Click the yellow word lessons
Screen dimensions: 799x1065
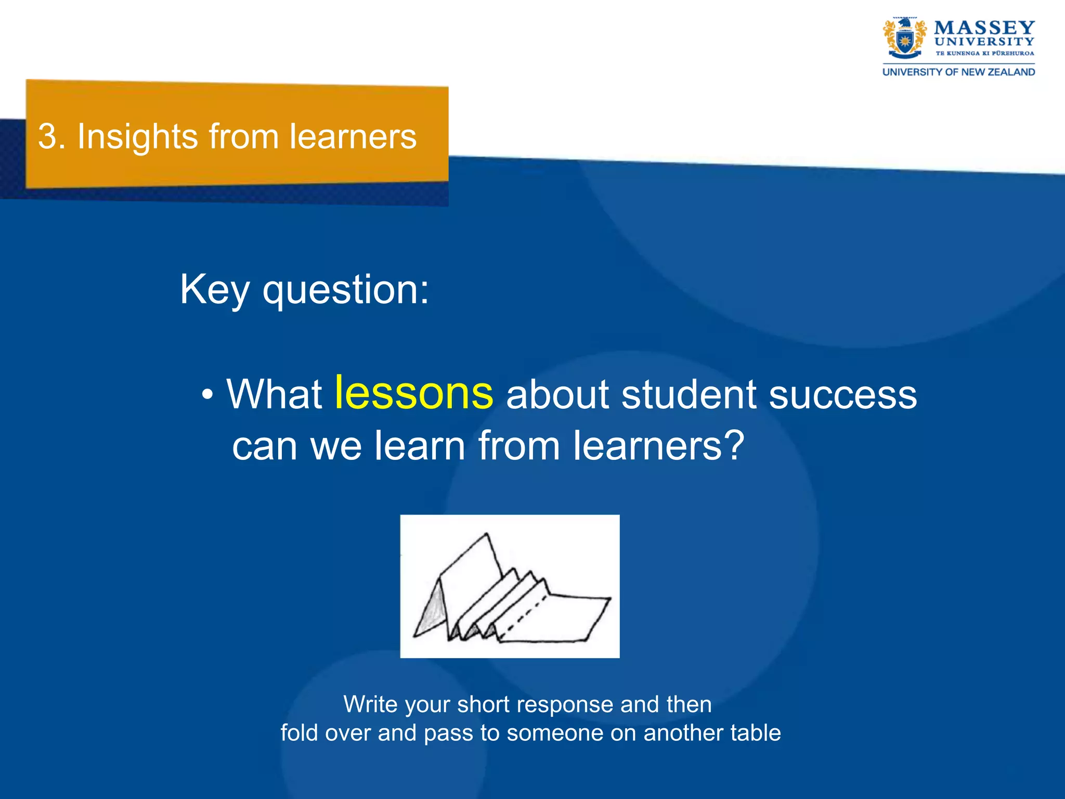click(x=413, y=393)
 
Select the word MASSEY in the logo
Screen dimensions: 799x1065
click(x=984, y=27)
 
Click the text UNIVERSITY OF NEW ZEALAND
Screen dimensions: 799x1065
click(x=958, y=72)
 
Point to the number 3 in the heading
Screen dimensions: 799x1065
click(x=48, y=137)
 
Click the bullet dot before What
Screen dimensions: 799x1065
click(x=207, y=395)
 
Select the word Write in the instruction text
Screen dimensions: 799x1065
click(x=370, y=704)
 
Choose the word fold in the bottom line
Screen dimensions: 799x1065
click(x=300, y=733)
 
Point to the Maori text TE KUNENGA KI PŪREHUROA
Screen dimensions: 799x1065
click(x=984, y=54)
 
